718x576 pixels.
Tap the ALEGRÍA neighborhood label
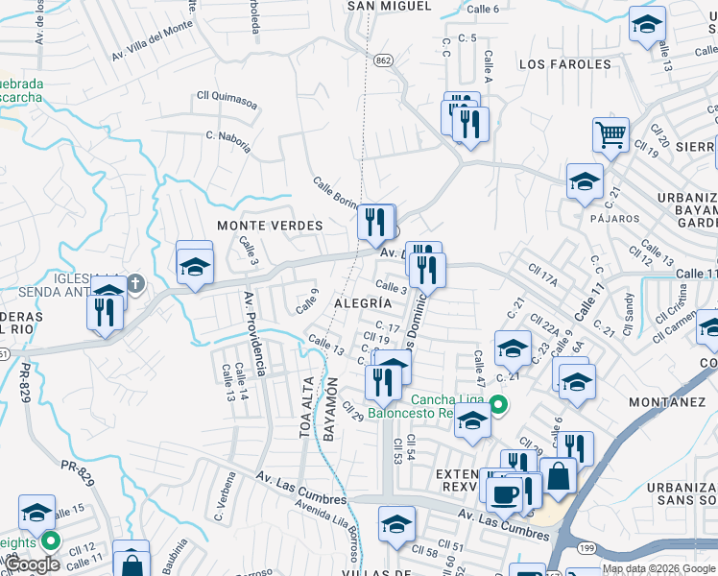pyautogui.click(x=360, y=302)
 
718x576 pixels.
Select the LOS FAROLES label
pyautogui.click(x=564, y=64)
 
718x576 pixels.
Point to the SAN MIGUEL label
pyautogui.click(x=389, y=7)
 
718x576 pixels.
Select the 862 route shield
pyautogui.click(x=384, y=60)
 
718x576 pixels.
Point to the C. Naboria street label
pyautogui.click(x=228, y=142)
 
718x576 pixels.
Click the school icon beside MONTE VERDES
pyautogui.click(x=194, y=266)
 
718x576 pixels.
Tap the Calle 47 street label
pyautogui.click(x=478, y=366)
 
